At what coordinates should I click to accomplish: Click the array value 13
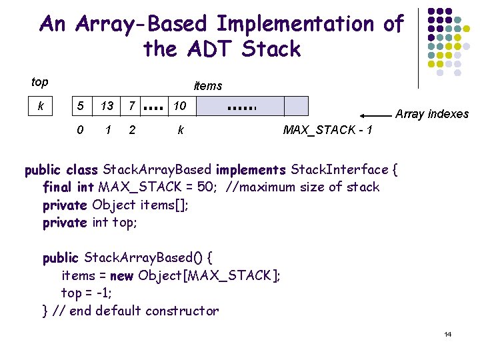(107, 106)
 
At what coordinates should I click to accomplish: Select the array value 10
(180, 106)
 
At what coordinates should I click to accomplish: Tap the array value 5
(80, 106)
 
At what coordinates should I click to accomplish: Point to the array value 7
(133, 106)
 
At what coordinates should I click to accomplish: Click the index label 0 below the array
(80, 129)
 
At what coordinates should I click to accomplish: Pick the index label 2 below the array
(132, 129)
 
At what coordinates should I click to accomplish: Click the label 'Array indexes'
(432, 114)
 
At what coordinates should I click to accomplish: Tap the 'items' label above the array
(207, 86)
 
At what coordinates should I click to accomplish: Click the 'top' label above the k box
(40, 82)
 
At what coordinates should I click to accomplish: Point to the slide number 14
(447, 334)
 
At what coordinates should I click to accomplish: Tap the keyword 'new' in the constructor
(121, 275)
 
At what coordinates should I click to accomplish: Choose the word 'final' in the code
(58, 187)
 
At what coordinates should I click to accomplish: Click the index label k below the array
(181, 129)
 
